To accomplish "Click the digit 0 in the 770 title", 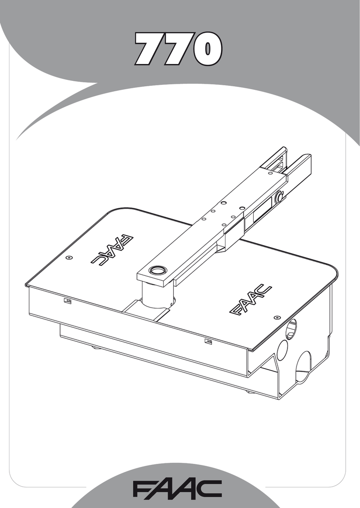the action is [x=207, y=49].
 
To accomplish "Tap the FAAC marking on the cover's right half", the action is [x=250, y=300].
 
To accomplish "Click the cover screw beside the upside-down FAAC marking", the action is [x=69, y=257].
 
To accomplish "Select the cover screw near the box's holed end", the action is [x=276, y=317].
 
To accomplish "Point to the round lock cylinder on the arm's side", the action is [x=279, y=196].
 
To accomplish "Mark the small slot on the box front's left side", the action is [x=68, y=301].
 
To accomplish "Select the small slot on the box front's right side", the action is [x=208, y=341].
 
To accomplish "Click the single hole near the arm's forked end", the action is [x=270, y=173].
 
